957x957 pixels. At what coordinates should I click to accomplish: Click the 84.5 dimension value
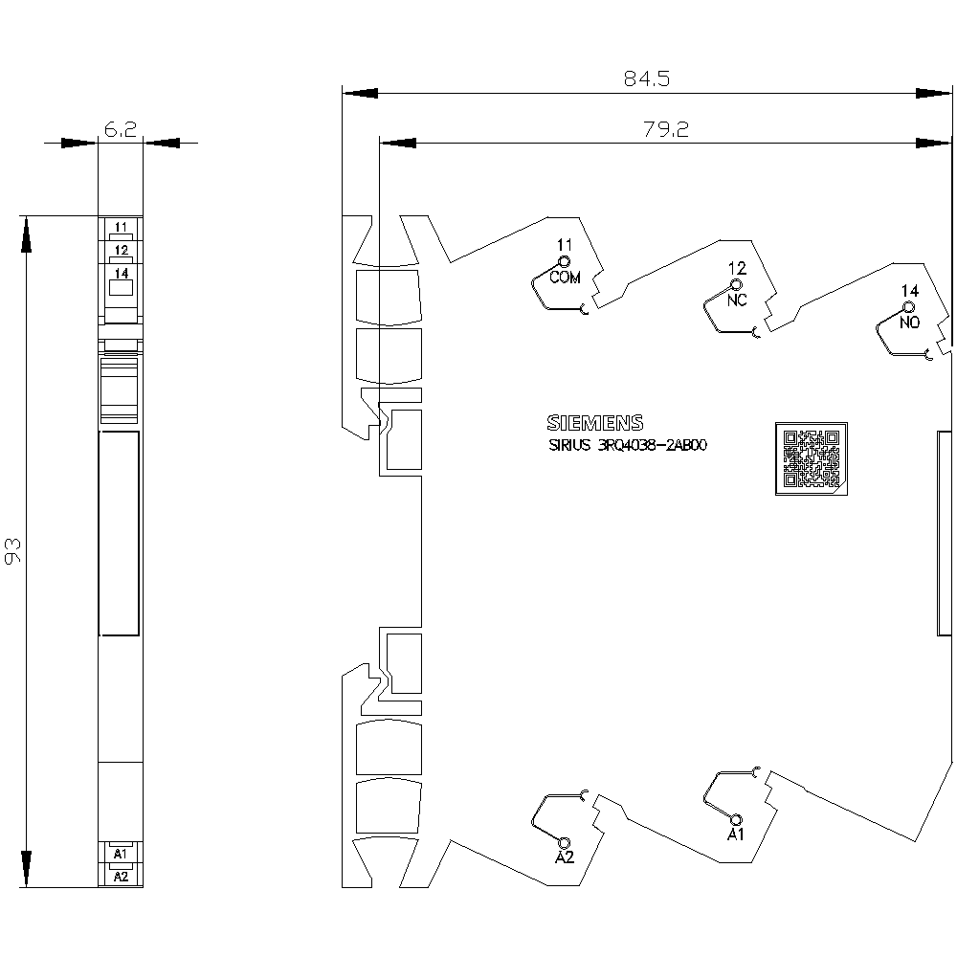click(x=646, y=78)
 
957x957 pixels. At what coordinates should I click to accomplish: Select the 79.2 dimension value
click(x=666, y=129)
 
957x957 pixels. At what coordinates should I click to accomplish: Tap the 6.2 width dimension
click(x=121, y=129)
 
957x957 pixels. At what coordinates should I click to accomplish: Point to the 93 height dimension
click(x=12, y=551)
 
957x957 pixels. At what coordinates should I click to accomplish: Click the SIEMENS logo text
click(x=595, y=422)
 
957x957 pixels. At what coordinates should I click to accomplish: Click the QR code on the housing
click(x=812, y=458)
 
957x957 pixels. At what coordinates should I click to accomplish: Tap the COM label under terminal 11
click(x=566, y=278)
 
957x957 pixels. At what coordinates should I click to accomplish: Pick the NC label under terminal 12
click(x=737, y=300)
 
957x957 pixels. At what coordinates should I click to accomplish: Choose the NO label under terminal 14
click(x=909, y=323)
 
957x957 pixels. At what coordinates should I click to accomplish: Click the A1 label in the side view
click(x=736, y=835)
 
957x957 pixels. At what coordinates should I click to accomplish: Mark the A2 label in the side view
click(x=565, y=857)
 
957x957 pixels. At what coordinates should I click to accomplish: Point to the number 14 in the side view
click(x=910, y=291)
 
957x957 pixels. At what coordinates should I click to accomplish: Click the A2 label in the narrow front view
click(x=121, y=877)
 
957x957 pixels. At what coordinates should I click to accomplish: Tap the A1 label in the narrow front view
click(x=121, y=854)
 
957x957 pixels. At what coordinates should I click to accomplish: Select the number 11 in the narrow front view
click(x=121, y=227)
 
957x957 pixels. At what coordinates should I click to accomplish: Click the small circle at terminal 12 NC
click(x=736, y=285)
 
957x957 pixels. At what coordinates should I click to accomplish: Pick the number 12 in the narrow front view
click(x=121, y=250)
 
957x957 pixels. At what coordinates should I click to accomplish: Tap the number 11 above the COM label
click(x=565, y=245)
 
